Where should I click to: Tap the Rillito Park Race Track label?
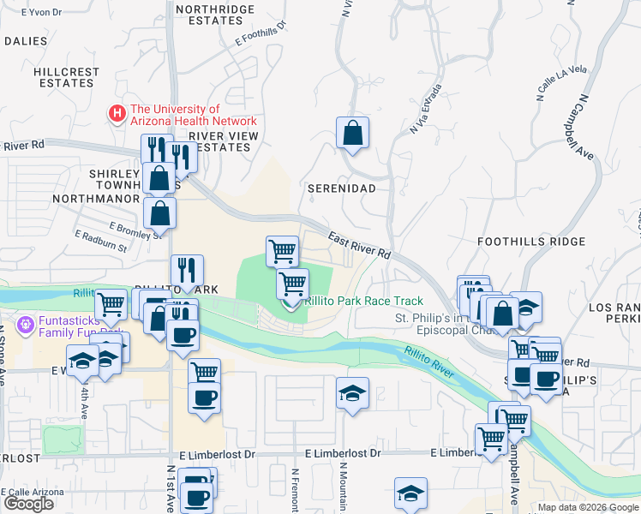tap(364, 301)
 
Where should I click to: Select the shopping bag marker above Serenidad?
tap(352, 134)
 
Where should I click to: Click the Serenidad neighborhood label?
tap(342, 186)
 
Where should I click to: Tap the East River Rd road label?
tap(359, 245)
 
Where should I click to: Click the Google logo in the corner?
tap(28, 504)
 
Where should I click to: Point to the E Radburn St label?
tap(100, 241)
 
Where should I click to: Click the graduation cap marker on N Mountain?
tap(352, 394)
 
